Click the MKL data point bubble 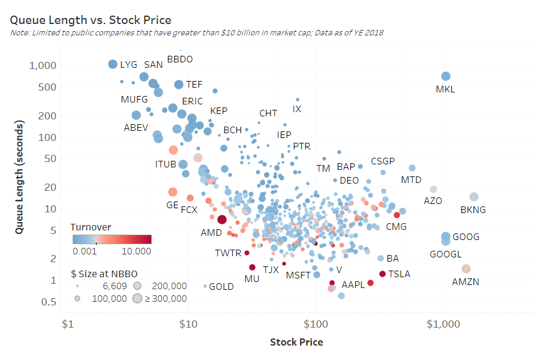pos(445,76)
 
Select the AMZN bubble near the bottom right pos(466,269)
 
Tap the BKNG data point pos(473,197)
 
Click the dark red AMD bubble pos(221,220)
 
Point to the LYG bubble pos(112,64)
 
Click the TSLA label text pos(399,274)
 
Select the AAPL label pos(353,285)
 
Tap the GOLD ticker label pos(221,287)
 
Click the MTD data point pos(412,168)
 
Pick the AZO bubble pos(433,189)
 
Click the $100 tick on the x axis pos(315,324)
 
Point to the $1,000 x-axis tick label pos(443,324)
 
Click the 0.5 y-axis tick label pos(49,302)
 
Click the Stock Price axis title pos(296,342)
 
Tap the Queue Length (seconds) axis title pos(19,177)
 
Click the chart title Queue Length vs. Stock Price pos(91,20)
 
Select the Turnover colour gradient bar pos(111,239)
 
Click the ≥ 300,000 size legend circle pos(137,298)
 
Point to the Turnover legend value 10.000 pos(136,251)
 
